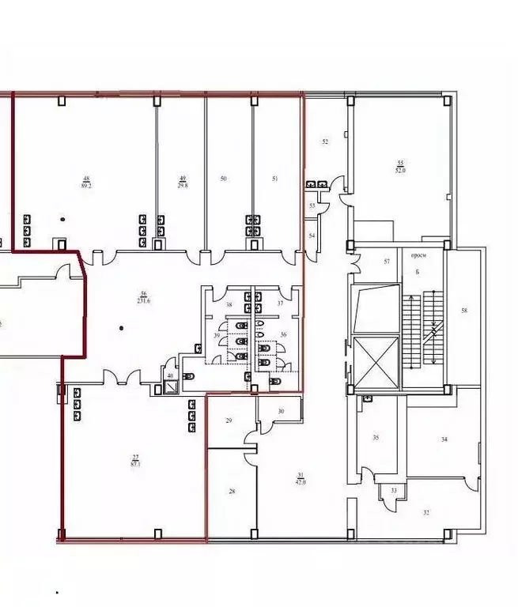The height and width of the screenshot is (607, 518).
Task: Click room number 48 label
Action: tap(86, 179)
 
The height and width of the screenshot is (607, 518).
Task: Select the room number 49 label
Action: tap(183, 179)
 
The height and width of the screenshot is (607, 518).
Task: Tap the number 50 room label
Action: tap(224, 179)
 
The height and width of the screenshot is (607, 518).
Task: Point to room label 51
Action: tap(275, 179)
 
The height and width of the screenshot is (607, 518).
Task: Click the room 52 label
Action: tap(325, 142)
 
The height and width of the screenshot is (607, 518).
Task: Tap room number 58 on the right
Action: tap(464, 311)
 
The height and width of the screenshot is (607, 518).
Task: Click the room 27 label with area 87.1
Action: tap(136, 462)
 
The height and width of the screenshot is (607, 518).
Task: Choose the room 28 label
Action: tap(232, 492)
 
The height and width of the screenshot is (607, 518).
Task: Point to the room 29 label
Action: tap(229, 421)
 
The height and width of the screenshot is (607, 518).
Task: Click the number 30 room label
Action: tap(281, 411)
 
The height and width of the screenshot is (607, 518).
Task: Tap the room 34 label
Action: tap(444, 439)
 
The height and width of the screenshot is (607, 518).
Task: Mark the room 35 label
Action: tap(376, 438)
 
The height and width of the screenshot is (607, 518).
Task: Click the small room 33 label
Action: tap(393, 491)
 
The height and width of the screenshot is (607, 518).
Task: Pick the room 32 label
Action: tap(427, 512)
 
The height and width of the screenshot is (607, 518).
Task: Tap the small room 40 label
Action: tap(170, 375)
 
